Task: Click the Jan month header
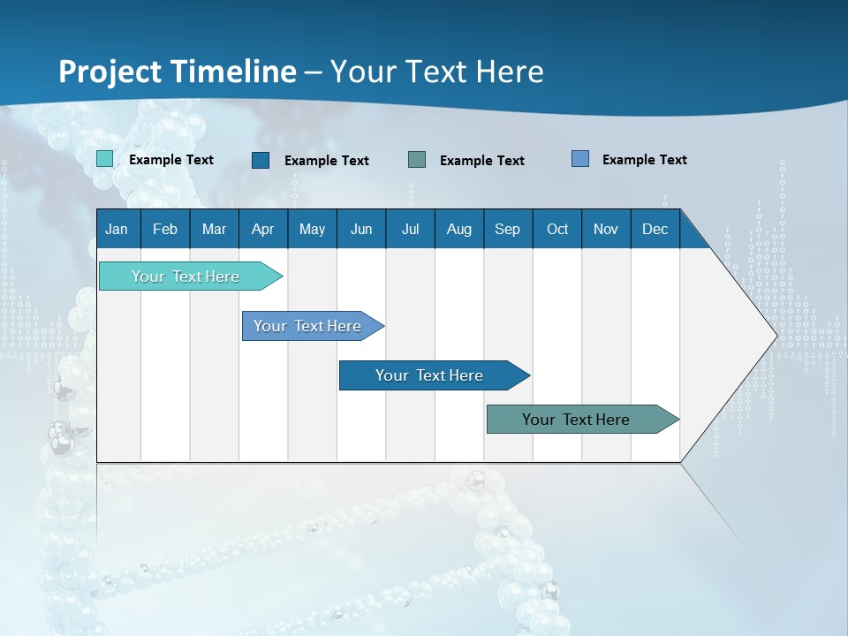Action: (x=117, y=229)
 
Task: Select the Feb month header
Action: (x=165, y=229)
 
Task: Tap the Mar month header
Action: (x=214, y=229)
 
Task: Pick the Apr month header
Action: (x=263, y=229)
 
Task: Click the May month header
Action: (x=312, y=229)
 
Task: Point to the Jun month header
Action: (x=361, y=229)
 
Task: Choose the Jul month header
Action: (x=410, y=229)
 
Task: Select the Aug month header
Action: (x=459, y=229)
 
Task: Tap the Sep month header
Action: (x=508, y=229)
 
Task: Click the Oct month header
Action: (x=557, y=229)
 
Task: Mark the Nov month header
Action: (x=606, y=229)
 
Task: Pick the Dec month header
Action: (x=655, y=229)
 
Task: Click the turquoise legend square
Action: (x=105, y=159)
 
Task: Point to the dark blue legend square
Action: (x=261, y=160)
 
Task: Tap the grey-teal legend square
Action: (x=417, y=160)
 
